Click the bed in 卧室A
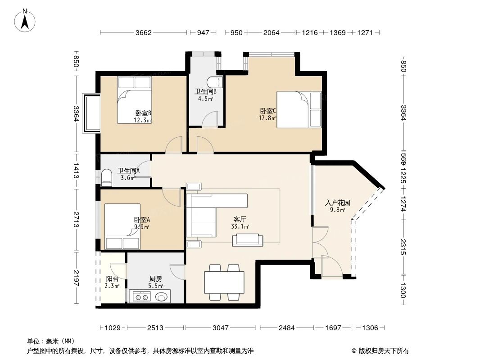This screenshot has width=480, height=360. pyautogui.click(x=122, y=227)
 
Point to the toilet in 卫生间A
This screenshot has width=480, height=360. pyautogui.click(x=107, y=178)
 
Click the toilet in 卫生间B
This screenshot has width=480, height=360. pyautogui.click(x=216, y=82)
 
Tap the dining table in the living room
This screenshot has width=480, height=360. pyautogui.click(x=224, y=283)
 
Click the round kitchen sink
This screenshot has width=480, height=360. pyautogui.click(x=161, y=296)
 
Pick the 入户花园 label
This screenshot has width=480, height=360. pyautogui.click(x=335, y=206)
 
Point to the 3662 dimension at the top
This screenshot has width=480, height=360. pyautogui.click(x=144, y=32)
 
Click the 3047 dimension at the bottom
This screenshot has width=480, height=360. pyautogui.click(x=220, y=328)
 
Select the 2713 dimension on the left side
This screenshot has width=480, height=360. pyautogui.click(x=77, y=220)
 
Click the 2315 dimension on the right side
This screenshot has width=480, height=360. pyautogui.click(x=403, y=247)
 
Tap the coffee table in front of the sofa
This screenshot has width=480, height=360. pyautogui.click(x=247, y=240)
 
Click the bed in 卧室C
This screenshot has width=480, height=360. pyautogui.click(x=299, y=110)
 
